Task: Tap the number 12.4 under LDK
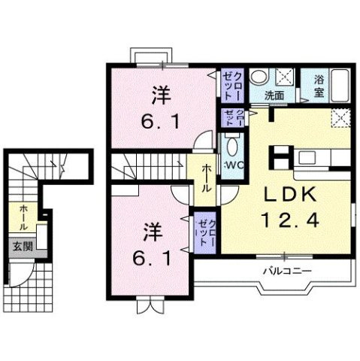286,221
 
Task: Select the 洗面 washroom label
274,96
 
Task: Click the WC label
231,165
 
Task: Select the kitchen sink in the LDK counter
310,158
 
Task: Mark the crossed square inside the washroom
285,77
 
